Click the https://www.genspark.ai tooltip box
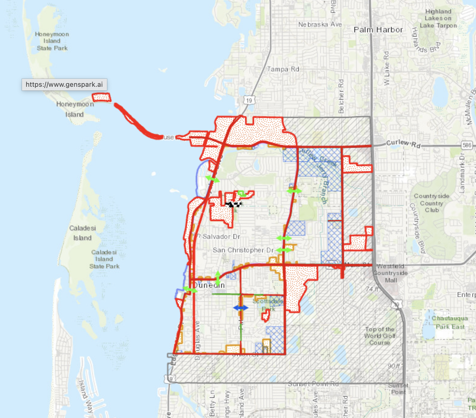(x=64, y=85)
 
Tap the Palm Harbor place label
(x=378, y=30)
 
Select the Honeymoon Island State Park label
(x=52, y=41)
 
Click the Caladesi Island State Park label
(x=104, y=259)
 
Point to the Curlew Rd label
(x=403, y=143)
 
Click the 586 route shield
(x=467, y=145)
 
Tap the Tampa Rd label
(x=283, y=69)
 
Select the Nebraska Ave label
(x=320, y=24)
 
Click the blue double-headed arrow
(x=241, y=308)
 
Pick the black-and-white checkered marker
(x=233, y=204)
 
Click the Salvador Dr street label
(x=221, y=237)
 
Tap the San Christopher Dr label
(x=243, y=250)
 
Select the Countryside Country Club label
(x=431, y=203)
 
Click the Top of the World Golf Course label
(x=379, y=336)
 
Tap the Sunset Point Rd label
(x=313, y=384)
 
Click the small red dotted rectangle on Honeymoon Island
(x=101, y=97)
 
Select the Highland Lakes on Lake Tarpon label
(x=438, y=18)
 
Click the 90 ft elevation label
(x=394, y=366)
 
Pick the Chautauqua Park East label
(x=450, y=322)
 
